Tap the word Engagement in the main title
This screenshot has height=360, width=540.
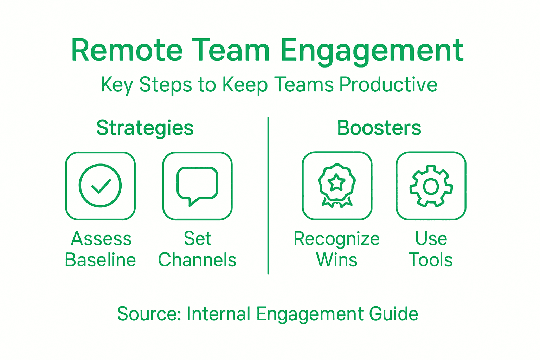[372, 51]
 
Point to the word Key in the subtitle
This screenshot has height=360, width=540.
[117, 85]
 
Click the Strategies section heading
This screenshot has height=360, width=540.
[145, 128]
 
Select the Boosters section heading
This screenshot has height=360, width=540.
[379, 128]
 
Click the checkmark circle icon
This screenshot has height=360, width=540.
[100, 186]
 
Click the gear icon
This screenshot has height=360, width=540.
[431, 186]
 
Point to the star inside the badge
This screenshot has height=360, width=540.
[337, 182]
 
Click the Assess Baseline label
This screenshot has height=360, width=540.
[101, 249]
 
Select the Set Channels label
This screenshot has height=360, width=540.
[197, 249]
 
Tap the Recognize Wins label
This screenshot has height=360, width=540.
[337, 249]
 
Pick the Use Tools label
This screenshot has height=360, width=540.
[431, 249]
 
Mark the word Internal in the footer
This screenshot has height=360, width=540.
[218, 314]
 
